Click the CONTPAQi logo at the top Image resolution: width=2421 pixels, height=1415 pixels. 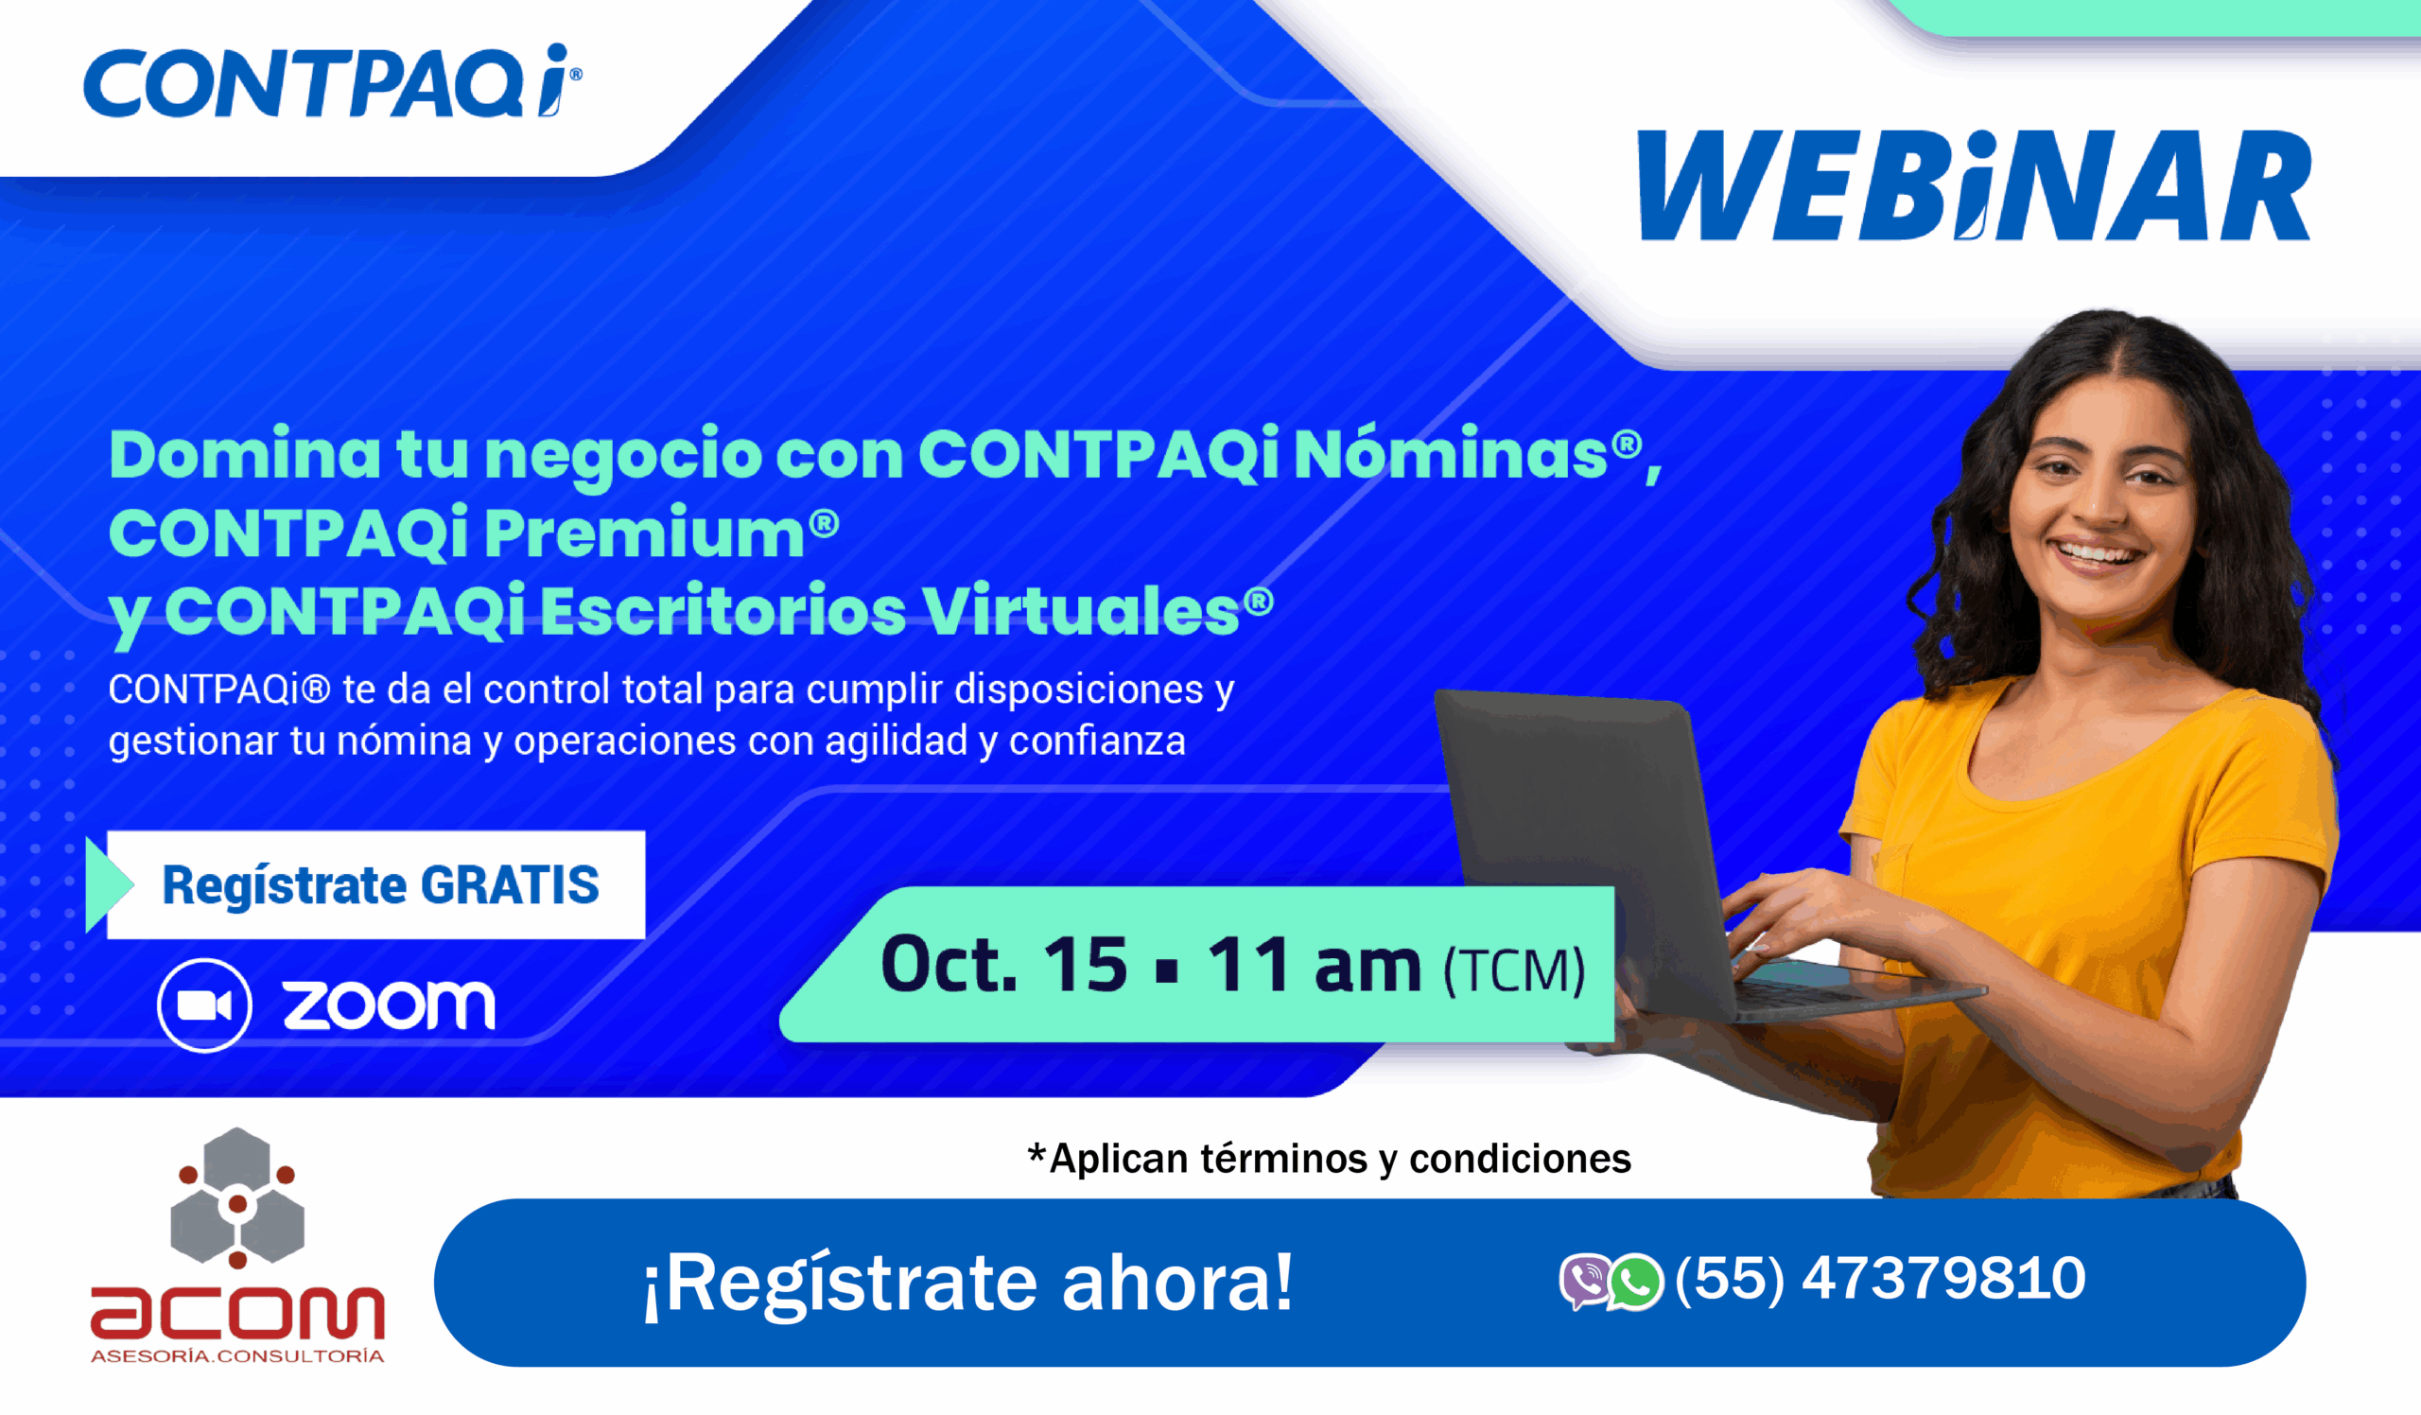click(x=332, y=80)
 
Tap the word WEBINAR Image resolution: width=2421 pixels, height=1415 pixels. click(x=1975, y=185)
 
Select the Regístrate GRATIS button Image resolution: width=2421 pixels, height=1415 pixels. click(x=375, y=884)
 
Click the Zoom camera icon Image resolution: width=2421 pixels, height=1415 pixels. click(x=204, y=1005)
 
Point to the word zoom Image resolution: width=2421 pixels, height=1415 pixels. click(x=389, y=1005)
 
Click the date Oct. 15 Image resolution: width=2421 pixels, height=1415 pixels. click(x=1004, y=965)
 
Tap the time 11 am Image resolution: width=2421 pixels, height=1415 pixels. click(x=1314, y=965)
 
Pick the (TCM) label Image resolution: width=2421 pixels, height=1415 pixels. click(x=1514, y=971)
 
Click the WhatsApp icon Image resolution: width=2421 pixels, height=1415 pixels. click(x=1635, y=1282)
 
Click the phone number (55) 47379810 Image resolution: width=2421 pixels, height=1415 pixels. click(x=1880, y=1279)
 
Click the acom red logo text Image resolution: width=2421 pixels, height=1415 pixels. click(x=237, y=1312)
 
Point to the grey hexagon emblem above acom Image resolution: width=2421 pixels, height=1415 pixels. click(x=237, y=1197)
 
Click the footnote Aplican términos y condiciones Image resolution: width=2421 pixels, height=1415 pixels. click(x=1330, y=1159)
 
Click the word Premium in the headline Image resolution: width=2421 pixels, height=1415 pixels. click(x=645, y=533)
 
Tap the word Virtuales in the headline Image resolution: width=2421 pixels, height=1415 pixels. click(x=1081, y=611)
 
